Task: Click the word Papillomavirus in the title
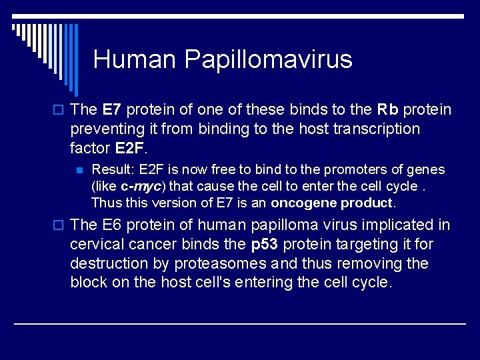point(268,60)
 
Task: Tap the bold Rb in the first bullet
point(389,109)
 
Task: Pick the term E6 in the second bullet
point(114,225)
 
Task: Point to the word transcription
point(373,129)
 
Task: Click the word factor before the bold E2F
point(89,147)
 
